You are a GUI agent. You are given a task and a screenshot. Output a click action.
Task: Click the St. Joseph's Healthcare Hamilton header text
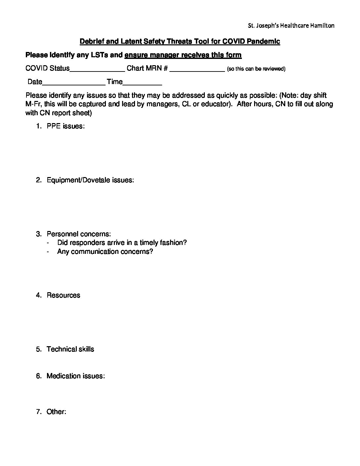(291, 25)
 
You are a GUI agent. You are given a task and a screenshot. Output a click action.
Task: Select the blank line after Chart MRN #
(197, 69)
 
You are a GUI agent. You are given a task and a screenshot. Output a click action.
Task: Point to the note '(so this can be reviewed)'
(256, 69)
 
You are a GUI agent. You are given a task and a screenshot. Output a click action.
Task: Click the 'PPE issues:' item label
(66, 126)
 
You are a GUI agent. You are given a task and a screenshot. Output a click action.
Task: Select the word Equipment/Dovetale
(78, 180)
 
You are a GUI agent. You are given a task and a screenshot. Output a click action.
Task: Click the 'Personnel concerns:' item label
(79, 234)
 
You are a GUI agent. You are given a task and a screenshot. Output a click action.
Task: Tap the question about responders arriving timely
(122, 243)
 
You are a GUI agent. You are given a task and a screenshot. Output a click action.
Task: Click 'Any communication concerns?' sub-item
(105, 252)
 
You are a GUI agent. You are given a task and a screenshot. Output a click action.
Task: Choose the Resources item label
(63, 295)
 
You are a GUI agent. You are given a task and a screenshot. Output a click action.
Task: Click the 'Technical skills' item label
(70, 349)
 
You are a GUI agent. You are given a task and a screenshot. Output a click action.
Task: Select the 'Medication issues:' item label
(75, 376)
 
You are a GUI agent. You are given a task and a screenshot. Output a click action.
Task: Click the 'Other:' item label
(57, 412)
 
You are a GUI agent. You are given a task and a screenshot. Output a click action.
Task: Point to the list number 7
(38, 412)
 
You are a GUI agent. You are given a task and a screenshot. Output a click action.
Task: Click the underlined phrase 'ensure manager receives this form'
(183, 55)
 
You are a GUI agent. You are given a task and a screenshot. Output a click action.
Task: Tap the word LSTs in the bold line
(99, 55)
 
